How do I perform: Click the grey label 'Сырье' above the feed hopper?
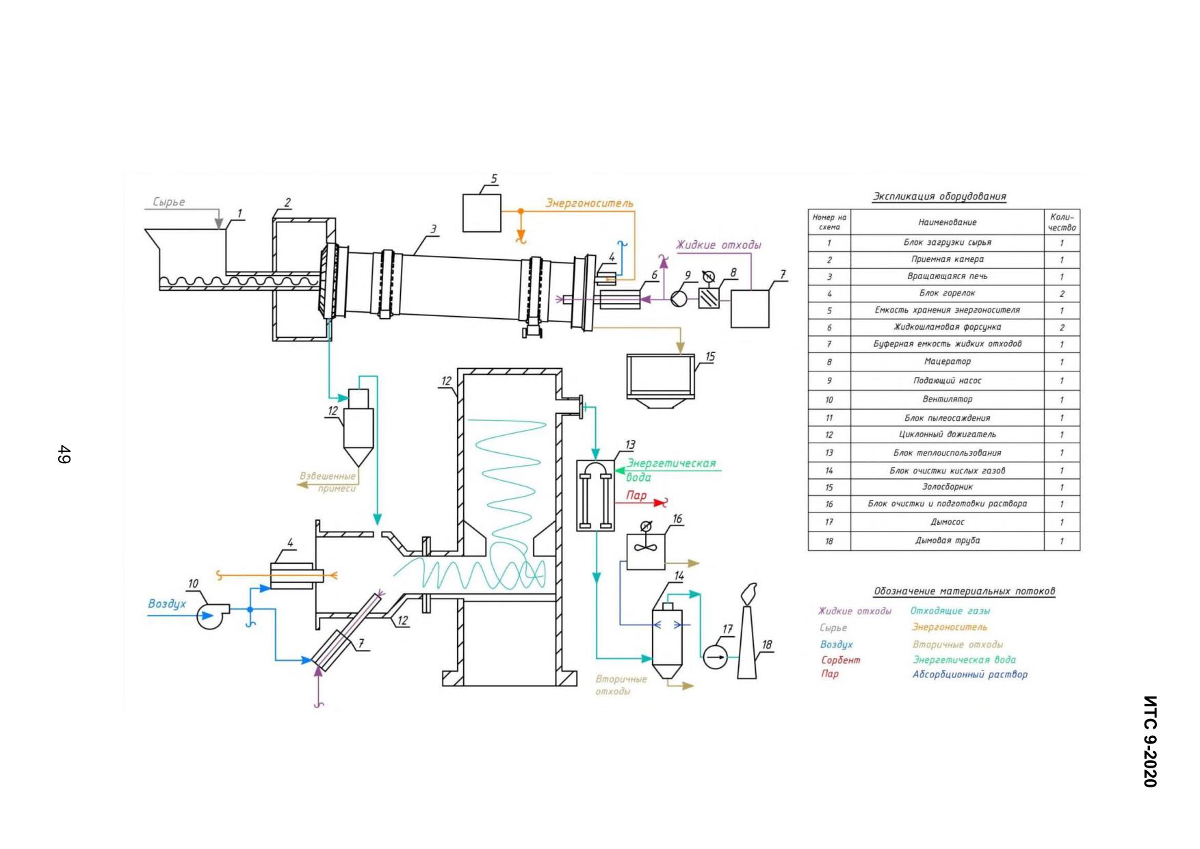pyautogui.click(x=168, y=203)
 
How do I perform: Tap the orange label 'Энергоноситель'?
pyautogui.click(x=589, y=203)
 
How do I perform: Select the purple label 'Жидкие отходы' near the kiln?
pyautogui.click(x=718, y=245)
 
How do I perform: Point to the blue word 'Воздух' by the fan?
pyautogui.click(x=167, y=604)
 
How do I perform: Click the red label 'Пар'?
pyautogui.click(x=636, y=495)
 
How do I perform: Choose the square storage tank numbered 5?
pyautogui.click(x=482, y=213)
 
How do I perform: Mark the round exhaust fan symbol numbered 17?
pyautogui.click(x=715, y=657)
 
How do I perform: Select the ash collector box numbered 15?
pyautogui.click(x=661, y=380)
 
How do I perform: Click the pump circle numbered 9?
pyautogui.click(x=679, y=299)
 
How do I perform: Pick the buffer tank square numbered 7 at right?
pyautogui.click(x=750, y=309)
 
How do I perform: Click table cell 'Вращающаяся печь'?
pyautogui.click(x=947, y=276)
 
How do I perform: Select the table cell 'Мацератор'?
pyautogui.click(x=947, y=361)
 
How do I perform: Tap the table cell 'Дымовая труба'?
pyautogui.click(x=947, y=540)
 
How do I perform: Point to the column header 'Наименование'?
pyautogui.click(x=947, y=222)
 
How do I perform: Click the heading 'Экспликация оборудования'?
pyautogui.click(x=939, y=197)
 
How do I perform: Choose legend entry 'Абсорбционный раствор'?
pyautogui.click(x=969, y=675)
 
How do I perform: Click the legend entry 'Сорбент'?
pyautogui.click(x=840, y=660)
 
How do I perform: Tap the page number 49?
pyautogui.click(x=64, y=454)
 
